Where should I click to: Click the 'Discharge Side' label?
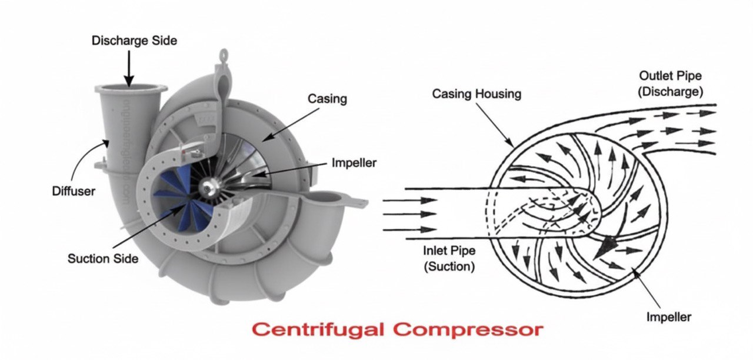pyautogui.click(x=134, y=41)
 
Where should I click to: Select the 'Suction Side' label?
pyautogui.click(x=103, y=258)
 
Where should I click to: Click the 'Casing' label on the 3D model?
pyautogui.click(x=327, y=99)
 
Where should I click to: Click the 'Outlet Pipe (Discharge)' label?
pyautogui.click(x=671, y=84)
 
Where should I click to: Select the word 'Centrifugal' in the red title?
pyautogui.click(x=317, y=329)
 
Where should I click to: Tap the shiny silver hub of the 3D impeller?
pyautogui.click(x=206, y=188)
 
